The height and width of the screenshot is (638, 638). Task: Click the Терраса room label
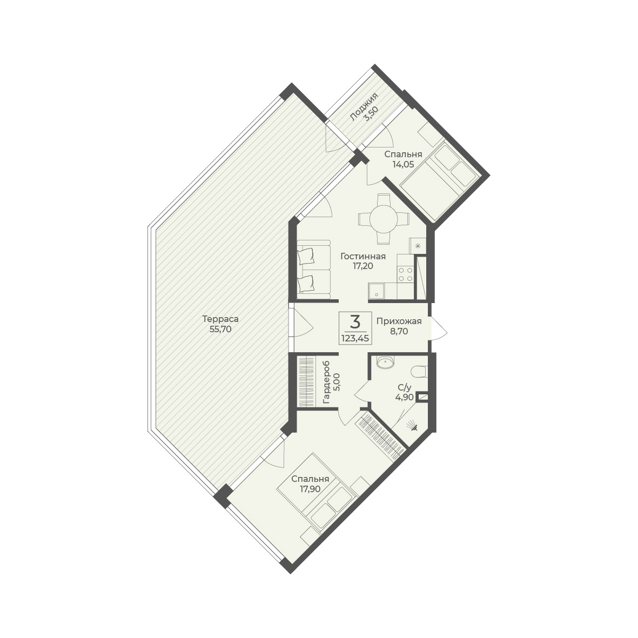[x=220, y=319]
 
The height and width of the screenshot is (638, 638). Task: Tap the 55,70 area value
[x=220, y=330]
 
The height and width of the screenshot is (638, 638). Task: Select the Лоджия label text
[x=364, y=106]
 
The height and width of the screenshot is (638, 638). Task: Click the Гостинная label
[x=363, y=257]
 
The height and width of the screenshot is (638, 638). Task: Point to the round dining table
[x=384, y=219]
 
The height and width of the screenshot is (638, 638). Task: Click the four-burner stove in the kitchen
[x=405, y=274]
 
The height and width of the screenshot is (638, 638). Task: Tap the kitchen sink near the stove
[x=377, y=291]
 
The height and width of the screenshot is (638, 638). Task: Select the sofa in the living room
[x=313, y=270]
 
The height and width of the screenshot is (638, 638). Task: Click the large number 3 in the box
[x=355, y=323]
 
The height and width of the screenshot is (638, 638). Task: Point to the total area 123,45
[x=355, y=338]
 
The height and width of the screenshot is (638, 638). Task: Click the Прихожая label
[x=399, y=321]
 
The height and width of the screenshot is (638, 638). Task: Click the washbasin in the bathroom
[x=385, y=362]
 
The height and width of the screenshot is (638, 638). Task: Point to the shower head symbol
[x=412, y=426]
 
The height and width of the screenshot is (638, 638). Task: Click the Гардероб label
[x=326, y=382]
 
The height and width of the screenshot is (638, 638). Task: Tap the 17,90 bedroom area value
[x=310, y=489]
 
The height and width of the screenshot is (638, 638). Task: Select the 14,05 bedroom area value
[x=403, y=164]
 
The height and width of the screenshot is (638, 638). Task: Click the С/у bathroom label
[x=405, y=387]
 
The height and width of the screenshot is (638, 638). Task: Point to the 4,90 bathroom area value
[x=405, y=397]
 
